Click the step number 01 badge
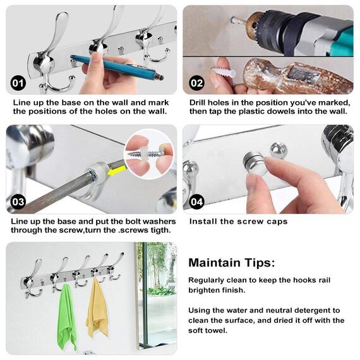point(18,83)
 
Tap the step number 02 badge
point(197,83)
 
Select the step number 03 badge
point(18,201)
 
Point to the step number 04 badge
point(197,201)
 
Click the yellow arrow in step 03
point(116,171)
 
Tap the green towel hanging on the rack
point(66,317)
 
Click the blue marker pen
point(117,68)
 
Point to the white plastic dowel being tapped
point(223,72)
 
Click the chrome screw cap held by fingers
point(255,162)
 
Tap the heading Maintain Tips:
point(231,263)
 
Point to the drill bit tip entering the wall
point(233,20)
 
